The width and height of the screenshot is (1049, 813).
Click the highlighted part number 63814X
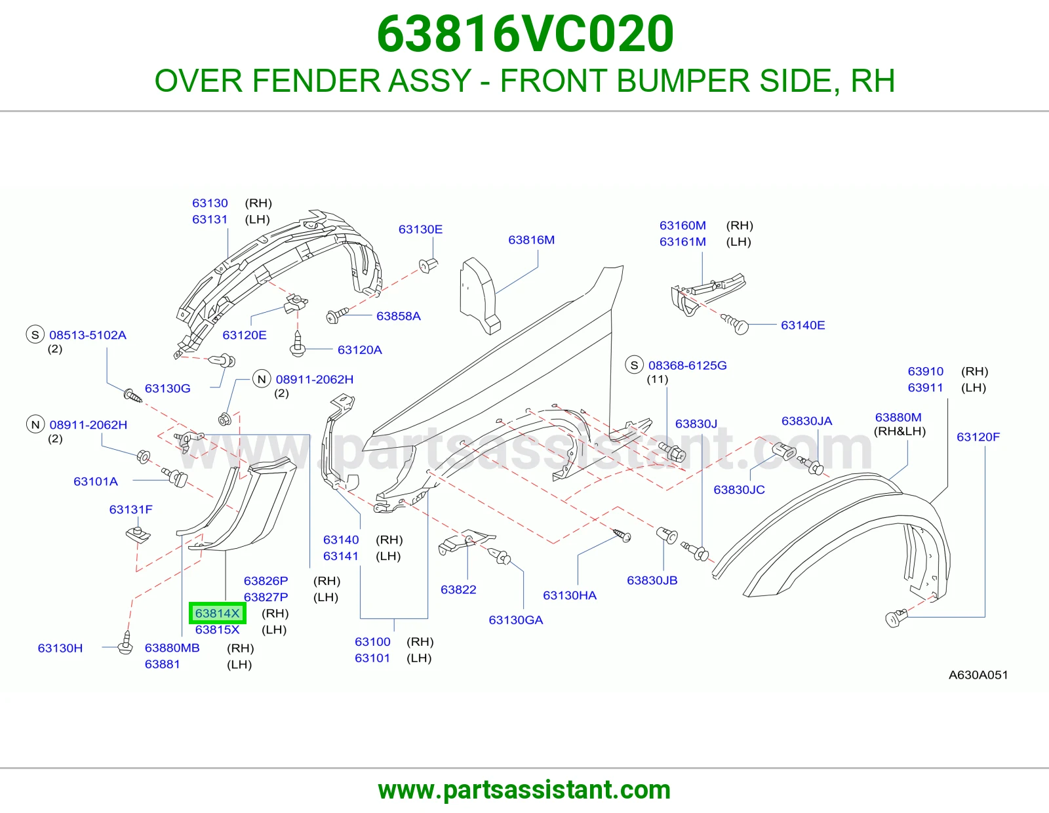click(217, 613)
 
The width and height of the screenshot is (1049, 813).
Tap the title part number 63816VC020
click(525, 34)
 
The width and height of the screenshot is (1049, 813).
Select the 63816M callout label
click(532, 240)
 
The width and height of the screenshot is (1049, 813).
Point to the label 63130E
click(420, 229)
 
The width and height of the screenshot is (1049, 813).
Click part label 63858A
click(399, 316)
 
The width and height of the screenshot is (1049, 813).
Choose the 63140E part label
click(802, 325)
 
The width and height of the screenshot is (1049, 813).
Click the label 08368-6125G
click(688, 365)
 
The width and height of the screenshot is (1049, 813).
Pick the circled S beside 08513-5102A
click(35, 334)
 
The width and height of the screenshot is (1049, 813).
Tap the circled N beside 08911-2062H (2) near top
click(262, 380)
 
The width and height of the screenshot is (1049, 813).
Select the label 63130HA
click(570, 595)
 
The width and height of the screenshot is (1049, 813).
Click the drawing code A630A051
click(978, 675)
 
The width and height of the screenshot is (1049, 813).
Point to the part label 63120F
click(978, 437)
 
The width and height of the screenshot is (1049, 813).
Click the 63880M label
click(898, 417)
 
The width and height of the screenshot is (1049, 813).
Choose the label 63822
click(458, 589)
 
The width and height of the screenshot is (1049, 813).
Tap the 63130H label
click(60, 648)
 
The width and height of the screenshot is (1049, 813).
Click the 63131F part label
click(131, 509)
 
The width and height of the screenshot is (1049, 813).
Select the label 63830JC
click(739, 490)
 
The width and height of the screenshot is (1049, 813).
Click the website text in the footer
click(524, 790)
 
